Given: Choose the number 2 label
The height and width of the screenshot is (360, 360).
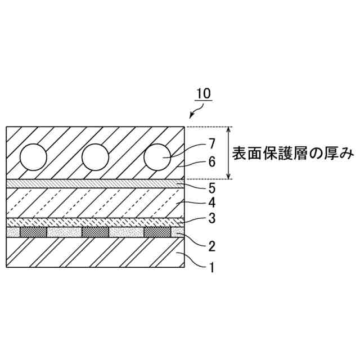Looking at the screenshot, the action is click(x=211, y=246).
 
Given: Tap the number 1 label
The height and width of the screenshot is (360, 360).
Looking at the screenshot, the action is click(x=211, y=268).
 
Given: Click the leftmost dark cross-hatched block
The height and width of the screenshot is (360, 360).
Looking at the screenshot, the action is click(x=33, y=232).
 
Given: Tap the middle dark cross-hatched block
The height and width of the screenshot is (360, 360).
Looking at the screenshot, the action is click(x=95, y=232).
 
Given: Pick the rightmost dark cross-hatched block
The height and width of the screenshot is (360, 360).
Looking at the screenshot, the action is click(x=157, y=232).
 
